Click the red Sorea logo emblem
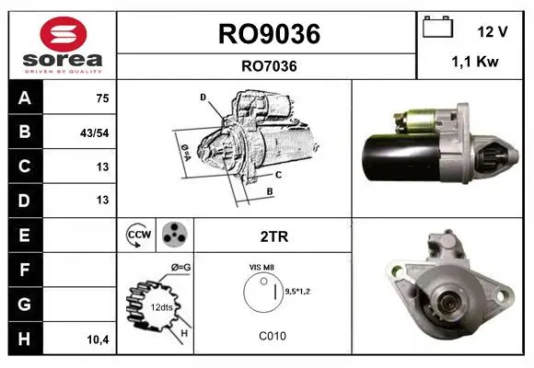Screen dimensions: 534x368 click(x=64, y=34)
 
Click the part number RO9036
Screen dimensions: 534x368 click(x=269, y=34)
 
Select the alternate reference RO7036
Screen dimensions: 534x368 click(x=269, y=66)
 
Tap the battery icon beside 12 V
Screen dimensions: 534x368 click(x=437, y=27)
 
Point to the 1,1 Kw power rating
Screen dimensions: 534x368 click(x=475, y=62)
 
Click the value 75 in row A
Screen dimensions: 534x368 click(x=102, y=98)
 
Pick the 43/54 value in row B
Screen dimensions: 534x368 click(x=94, y=133)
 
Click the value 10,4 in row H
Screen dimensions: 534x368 click(x=99, y=339)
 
